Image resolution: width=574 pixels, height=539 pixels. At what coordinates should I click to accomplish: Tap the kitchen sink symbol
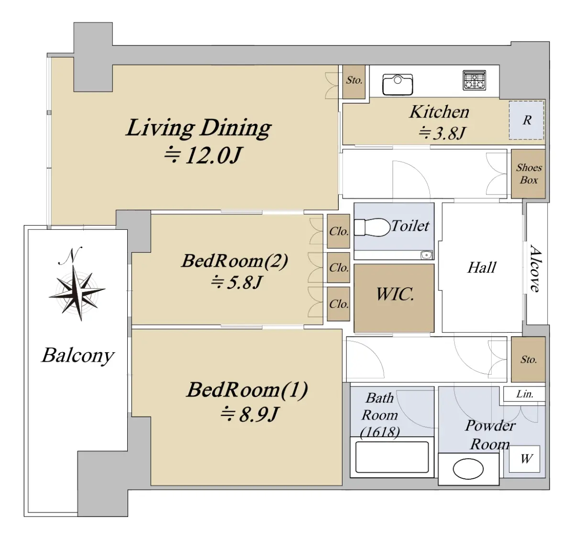pos(397,85)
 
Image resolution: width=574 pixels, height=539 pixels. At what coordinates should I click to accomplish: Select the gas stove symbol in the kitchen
pos(475,80)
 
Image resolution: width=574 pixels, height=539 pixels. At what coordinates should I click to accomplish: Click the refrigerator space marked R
pos(527,120)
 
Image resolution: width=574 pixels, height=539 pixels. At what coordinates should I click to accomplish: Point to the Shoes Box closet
pos(529,174)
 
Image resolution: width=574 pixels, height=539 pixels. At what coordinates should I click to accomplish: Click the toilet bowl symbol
pos(372,227)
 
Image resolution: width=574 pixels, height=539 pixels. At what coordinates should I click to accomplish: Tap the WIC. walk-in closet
pos(394,298)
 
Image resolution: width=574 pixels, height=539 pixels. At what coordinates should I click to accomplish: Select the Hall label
pos(482,268)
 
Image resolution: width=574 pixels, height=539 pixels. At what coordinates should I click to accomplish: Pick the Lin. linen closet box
pos(524,394)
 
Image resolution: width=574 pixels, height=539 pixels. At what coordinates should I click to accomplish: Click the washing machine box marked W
pos(525,459)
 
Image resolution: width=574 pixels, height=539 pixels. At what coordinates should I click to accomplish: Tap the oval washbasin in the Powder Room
pos(468,469)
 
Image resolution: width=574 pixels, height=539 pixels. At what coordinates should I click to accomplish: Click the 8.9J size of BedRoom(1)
pos(249,414)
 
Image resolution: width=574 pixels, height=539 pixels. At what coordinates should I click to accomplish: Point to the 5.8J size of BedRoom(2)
pos(236,282)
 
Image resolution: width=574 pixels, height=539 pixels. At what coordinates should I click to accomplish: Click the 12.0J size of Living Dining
pos(202,155)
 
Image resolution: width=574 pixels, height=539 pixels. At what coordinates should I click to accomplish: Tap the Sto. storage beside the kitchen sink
pos(354,81)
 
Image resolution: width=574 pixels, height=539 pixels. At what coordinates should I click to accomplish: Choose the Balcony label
pos(78,356)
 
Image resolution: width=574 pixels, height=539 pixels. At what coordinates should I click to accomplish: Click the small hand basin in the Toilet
pos(426,255)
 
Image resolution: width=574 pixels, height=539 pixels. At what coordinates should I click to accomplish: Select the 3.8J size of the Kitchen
pos(442,133)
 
